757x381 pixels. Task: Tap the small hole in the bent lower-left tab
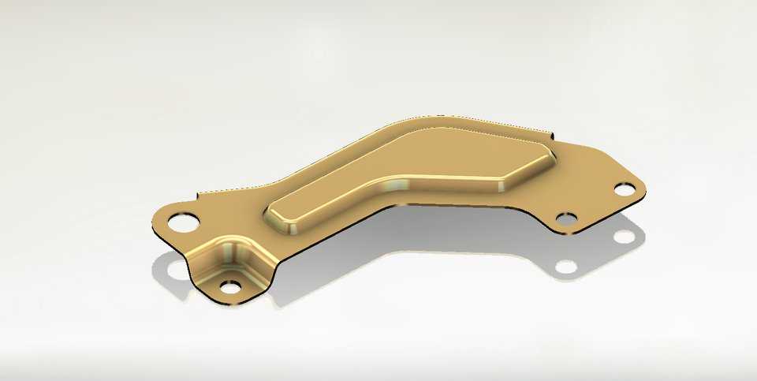coord(229,286)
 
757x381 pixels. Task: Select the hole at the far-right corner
coord(625,189)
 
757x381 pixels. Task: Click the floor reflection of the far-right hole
coord(623,236)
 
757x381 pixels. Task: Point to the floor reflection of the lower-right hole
coord(565,267)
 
